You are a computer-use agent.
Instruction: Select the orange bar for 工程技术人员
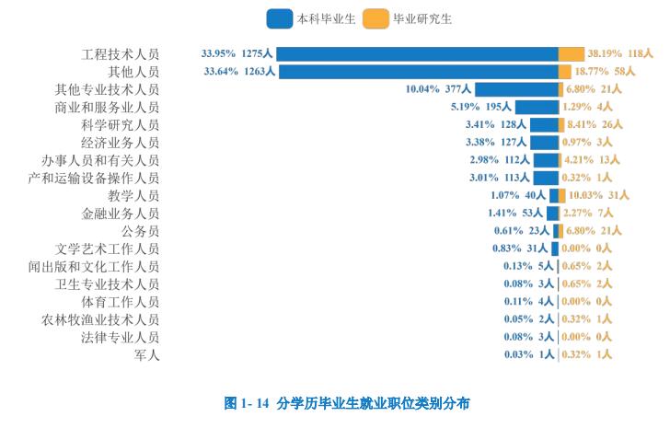coord(571,53)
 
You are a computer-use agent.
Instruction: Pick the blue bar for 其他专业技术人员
coord(516,89)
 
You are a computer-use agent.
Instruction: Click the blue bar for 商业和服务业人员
coord(537,107)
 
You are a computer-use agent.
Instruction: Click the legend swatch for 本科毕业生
coord(279,18)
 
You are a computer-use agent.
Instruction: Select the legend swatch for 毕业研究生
coord(375,18)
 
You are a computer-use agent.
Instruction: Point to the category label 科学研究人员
coord(120,124)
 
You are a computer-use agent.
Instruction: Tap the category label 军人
coord(146,354)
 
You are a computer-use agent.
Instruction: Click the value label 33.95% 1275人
coord(237,53)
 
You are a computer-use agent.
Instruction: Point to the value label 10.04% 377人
coord(438,89)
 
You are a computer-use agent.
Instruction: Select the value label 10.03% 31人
coord(598,195)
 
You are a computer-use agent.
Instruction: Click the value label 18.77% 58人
coord(605,71)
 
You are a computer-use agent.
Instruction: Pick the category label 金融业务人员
coord(120,213)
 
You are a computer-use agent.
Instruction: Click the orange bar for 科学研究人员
coord(561,124)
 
